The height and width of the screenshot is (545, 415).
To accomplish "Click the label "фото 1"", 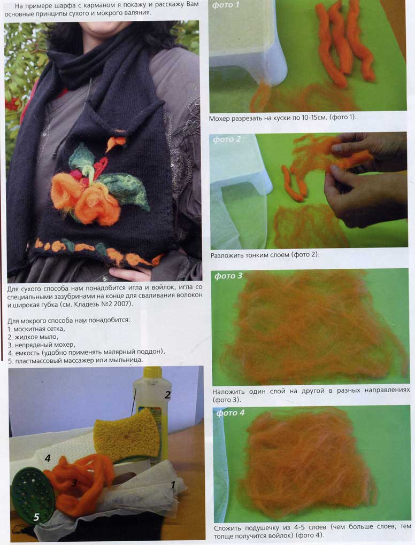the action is [226, 5].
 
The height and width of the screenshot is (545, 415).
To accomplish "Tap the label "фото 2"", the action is [227, 139].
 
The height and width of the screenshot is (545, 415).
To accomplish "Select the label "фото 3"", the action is [228, 276].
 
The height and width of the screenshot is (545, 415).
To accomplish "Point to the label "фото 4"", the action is [230, 413].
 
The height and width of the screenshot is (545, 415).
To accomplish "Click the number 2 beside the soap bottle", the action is [168, 395].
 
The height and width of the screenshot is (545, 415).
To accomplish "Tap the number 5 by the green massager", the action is [36, 517].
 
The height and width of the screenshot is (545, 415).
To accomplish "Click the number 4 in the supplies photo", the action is [48, 458].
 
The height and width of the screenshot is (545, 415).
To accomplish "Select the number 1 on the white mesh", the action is [173, 484].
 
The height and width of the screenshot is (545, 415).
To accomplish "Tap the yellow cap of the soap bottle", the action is [153, 372].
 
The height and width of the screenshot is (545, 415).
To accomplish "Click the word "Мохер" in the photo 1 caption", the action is [219, 119].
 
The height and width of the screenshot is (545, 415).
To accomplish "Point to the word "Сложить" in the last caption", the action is [227, 527].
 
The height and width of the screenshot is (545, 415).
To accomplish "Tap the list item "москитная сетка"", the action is [39, 329].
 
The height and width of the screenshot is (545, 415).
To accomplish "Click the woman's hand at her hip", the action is [130, 274].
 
